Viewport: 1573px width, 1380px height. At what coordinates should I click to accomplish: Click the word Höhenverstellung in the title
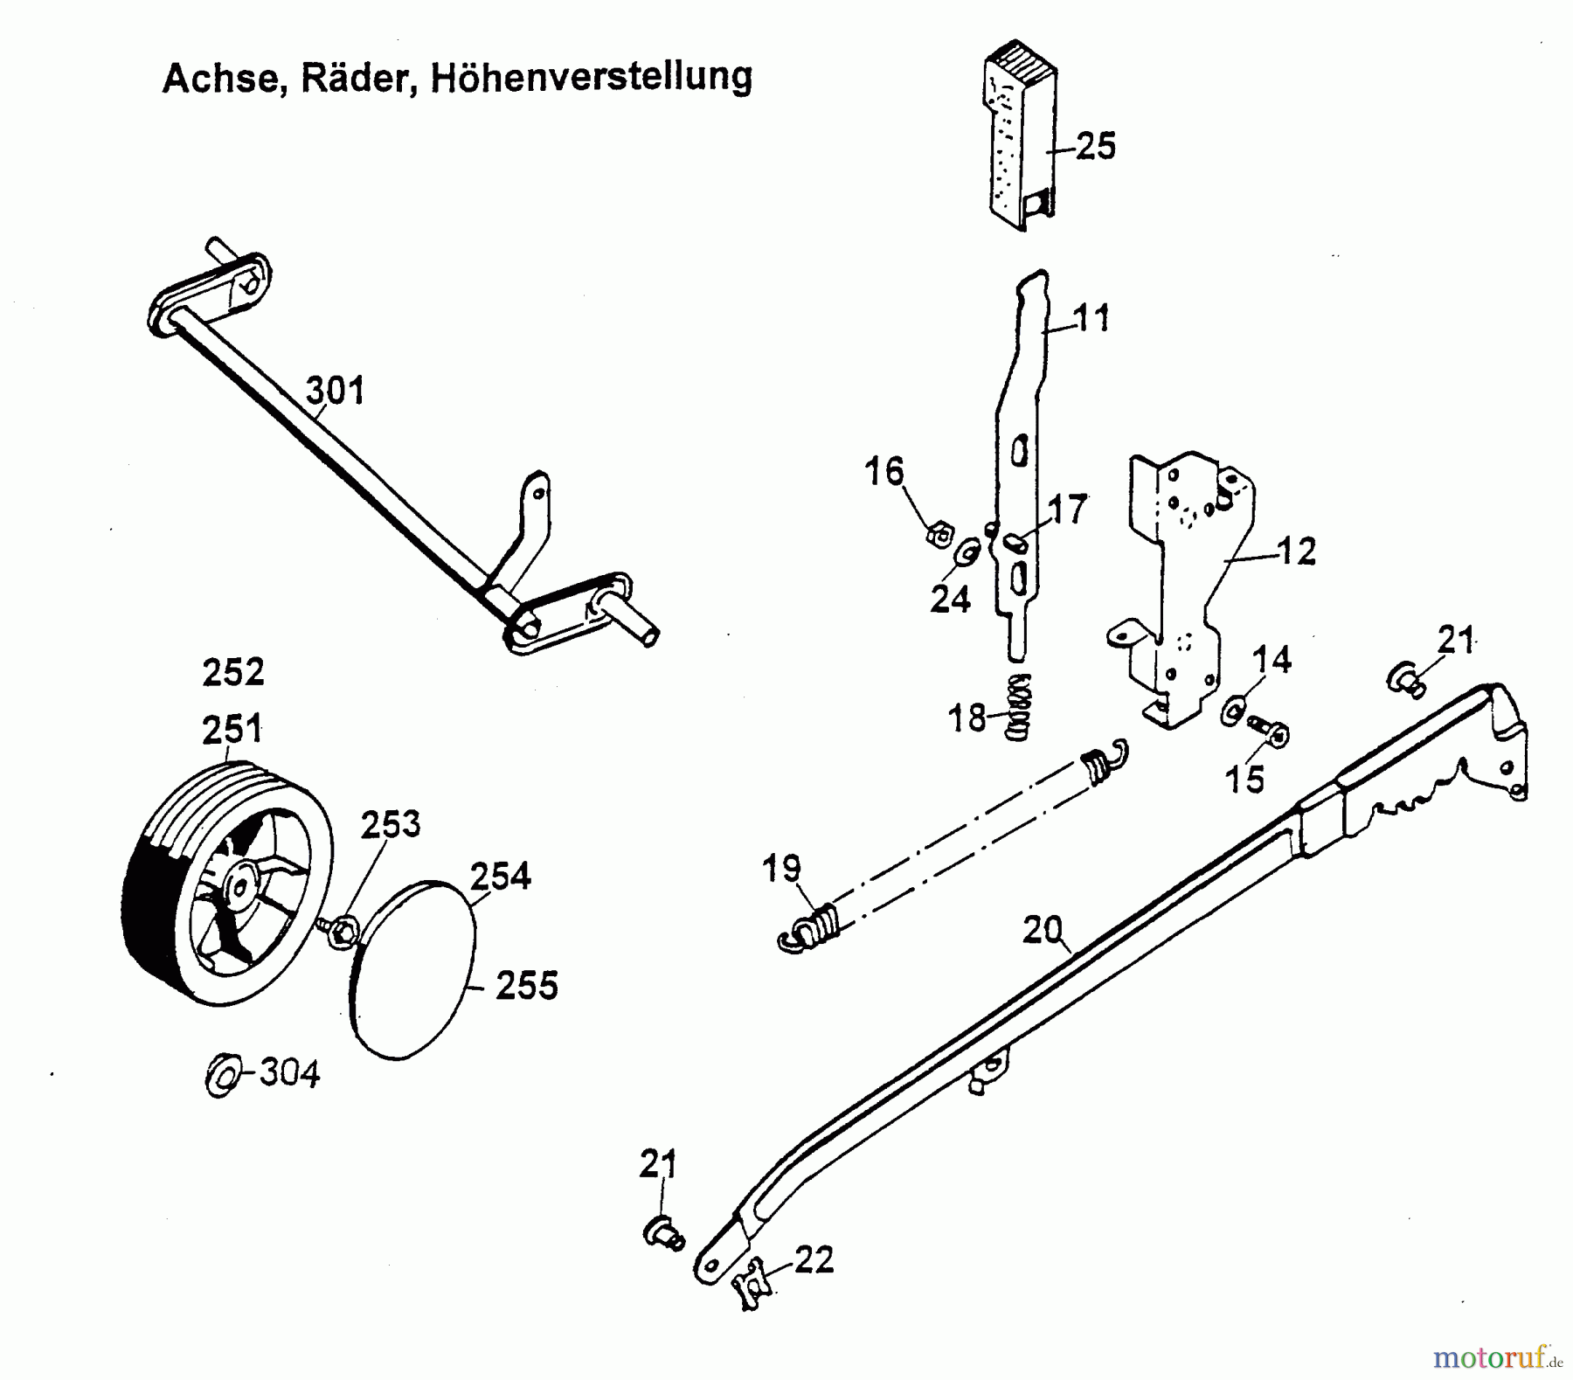(x=592, y=77)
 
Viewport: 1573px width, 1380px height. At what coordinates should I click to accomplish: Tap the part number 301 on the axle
(x=336, y=390)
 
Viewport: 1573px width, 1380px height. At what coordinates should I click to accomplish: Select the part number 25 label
(x=1095, y=145)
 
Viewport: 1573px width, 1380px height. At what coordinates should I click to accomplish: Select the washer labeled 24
(x=968, y=554)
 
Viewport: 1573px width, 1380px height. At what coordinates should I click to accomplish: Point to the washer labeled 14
(x=1233, y=710)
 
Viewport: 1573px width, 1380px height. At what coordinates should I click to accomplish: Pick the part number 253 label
(x=390, y=823)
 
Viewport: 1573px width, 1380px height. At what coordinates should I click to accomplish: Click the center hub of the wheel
(x=238, y=885)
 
